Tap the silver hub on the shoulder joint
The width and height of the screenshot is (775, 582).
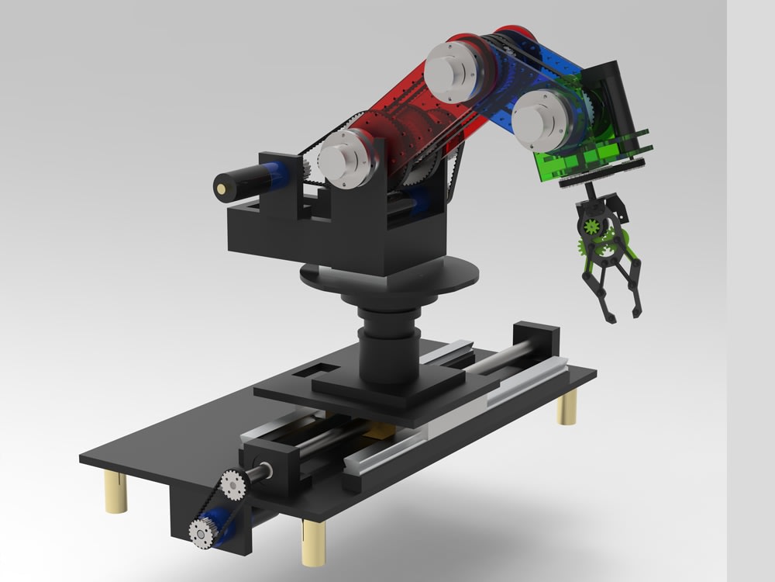click(x=343, y=158)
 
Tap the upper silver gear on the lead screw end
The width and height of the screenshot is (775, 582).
click(x=232, y=486)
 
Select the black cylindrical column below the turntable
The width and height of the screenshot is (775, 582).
click(x=390, y=345)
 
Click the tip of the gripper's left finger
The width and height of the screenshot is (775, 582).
click(x=609, y=318)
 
